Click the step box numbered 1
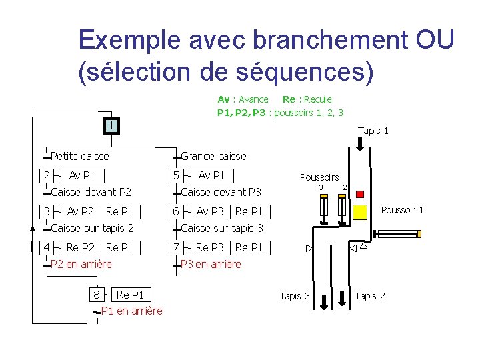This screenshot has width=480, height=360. point(113,125)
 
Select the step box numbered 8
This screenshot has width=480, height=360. point(97,295)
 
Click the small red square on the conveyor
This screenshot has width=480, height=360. point(360,194)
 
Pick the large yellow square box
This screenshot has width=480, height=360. point(360,212)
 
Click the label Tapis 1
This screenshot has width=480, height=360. point(373,131)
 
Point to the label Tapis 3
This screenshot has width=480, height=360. point(295,296)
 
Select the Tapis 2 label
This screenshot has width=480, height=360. point(370,296)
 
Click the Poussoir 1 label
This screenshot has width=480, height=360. point(402,211)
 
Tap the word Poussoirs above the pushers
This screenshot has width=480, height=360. point(319,177)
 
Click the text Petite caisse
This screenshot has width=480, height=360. point(80,157)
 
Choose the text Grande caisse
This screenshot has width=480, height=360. point(213,157)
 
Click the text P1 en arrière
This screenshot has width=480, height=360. point(131,311)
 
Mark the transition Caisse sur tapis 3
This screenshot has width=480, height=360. point(222,228)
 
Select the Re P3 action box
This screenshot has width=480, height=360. point(210,247)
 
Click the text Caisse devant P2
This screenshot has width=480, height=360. point(91,193)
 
